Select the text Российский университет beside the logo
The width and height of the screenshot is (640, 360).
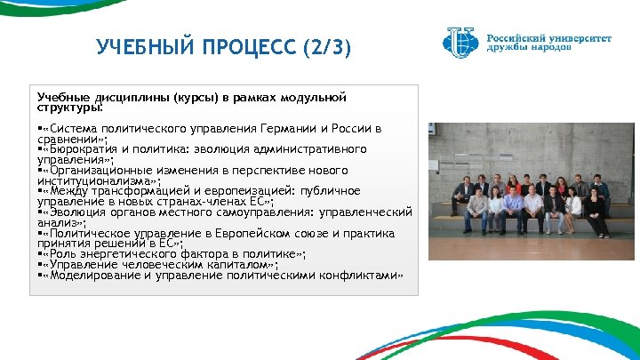[548, 38]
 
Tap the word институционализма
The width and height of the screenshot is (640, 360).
[92, 180]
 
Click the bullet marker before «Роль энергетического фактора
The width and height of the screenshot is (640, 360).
[40, 254]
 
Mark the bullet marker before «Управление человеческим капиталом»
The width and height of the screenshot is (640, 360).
[40, 265]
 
